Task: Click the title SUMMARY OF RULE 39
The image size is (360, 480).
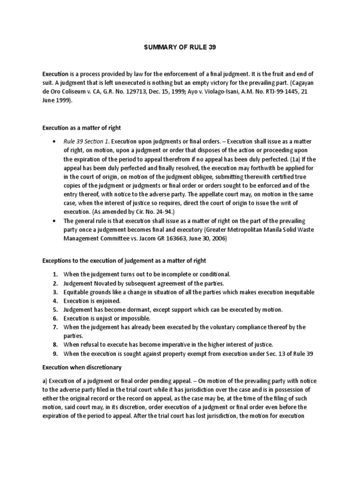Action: [180, 47]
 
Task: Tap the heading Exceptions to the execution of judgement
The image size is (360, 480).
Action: [124, 260]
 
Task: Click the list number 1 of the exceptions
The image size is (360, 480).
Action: [55, 274]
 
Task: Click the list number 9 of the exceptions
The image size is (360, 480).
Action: [55, 353]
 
